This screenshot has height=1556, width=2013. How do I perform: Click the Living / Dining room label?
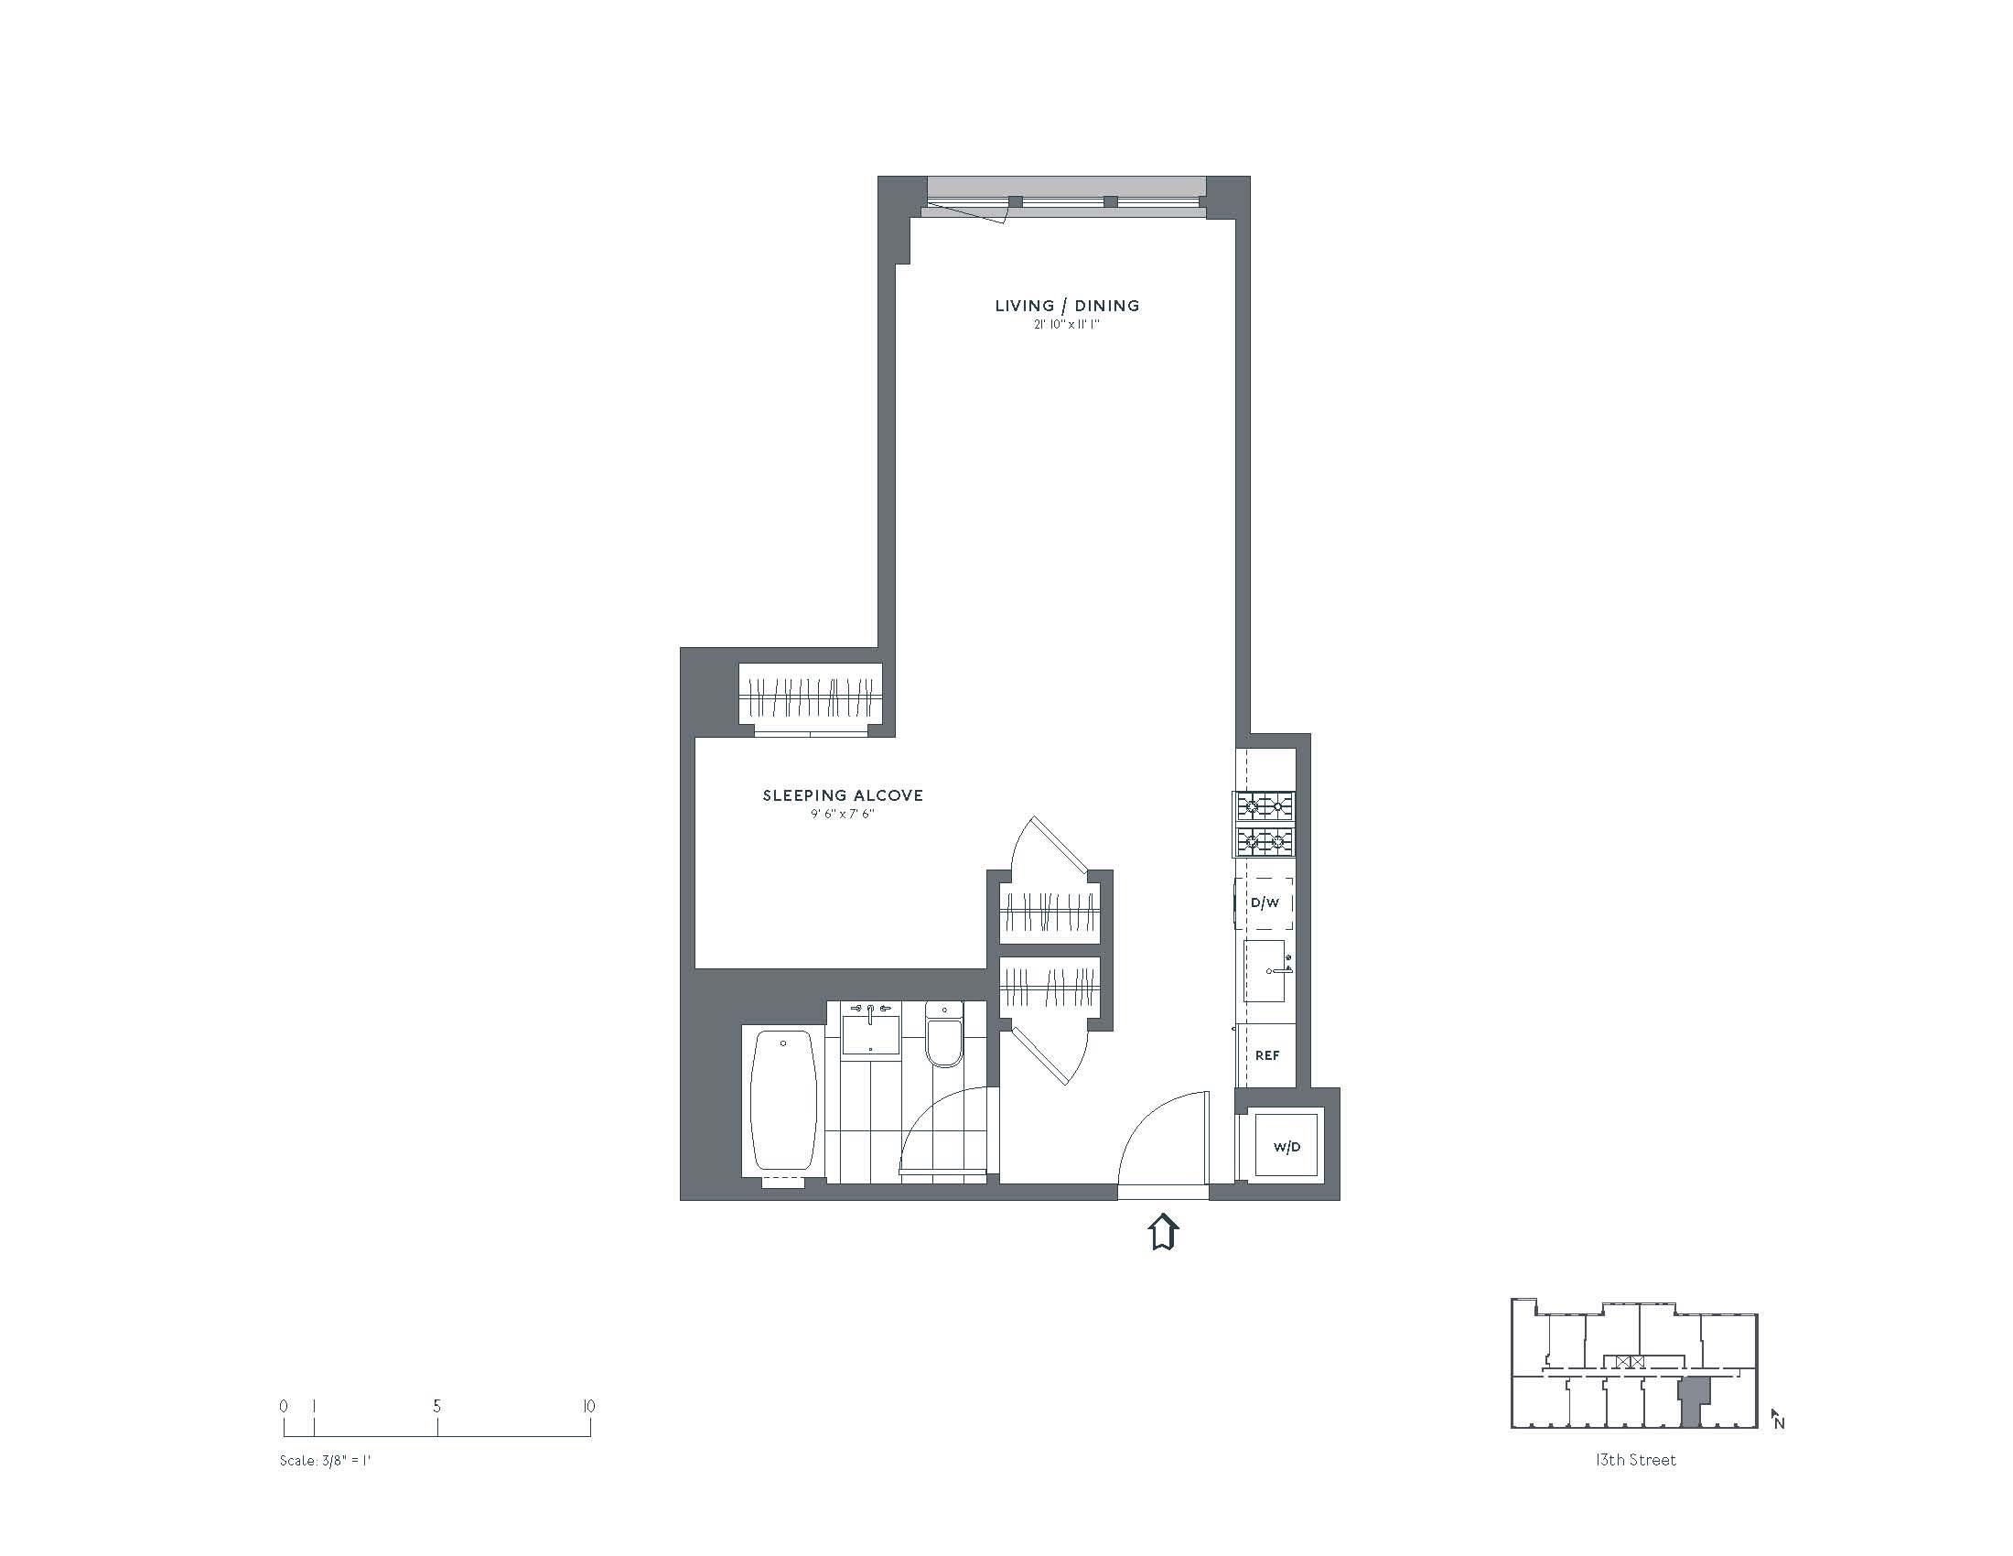[1066, 306]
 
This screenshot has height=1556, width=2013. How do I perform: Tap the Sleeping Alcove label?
[843, 795]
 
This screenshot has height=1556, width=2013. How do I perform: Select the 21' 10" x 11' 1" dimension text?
[1066, 326]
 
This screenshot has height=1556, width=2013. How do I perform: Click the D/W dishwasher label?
[1265, 903]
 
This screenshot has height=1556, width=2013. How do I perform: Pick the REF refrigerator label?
[1267, 1055]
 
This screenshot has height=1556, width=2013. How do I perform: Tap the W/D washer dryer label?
[1286, 1147]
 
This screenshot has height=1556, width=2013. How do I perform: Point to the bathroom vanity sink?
[870, 1030]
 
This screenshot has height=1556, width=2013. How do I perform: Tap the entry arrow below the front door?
[1164, 1233]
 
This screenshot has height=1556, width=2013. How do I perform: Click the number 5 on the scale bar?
[436, 1407]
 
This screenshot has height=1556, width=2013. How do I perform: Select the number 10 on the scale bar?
[589, 1407]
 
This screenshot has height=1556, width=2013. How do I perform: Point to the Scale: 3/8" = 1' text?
[326, 1461]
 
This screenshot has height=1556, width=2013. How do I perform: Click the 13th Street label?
[1636, 1460]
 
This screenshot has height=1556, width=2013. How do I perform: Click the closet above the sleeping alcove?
[811, 697]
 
